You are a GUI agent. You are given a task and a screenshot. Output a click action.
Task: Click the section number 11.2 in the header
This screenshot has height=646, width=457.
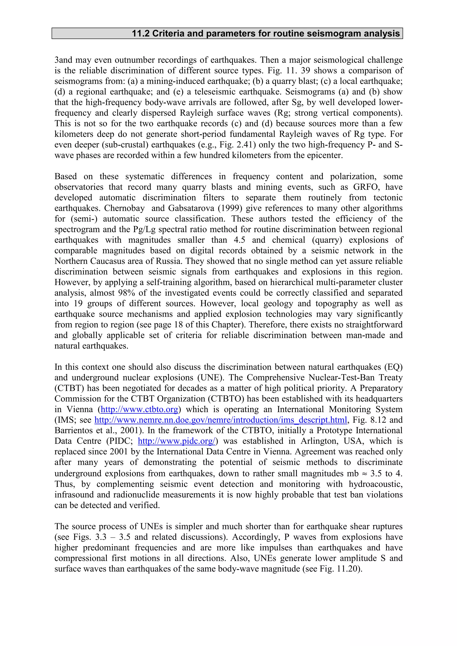(x=141, y=33)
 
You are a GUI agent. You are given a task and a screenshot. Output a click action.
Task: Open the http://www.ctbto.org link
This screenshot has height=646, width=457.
(x=139, y=409)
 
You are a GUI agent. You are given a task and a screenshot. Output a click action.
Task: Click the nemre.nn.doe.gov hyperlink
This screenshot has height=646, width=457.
(x=220, y=420)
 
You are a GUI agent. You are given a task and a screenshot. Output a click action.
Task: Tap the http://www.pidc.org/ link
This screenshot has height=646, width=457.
(x=177, y=441)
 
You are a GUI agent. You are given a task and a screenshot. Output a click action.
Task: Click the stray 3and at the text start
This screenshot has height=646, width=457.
(x=64, y=60)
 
